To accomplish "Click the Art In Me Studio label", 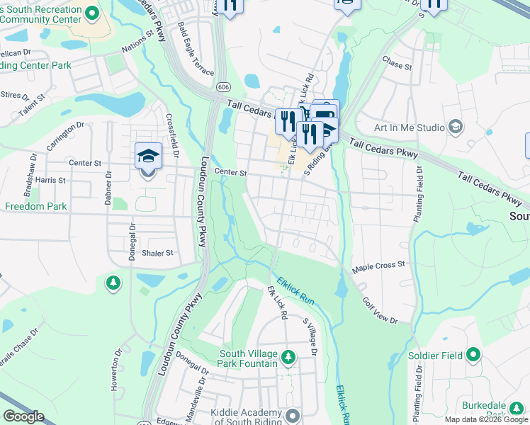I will (409, 127).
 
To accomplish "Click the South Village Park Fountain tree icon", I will (288, 356).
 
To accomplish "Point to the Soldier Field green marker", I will (473, 355).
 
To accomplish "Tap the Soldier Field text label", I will (434, 355).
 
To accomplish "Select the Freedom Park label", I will (35, 207).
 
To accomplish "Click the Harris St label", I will (50, 181).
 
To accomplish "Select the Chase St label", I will (397, 66).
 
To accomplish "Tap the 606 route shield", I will (224, 86).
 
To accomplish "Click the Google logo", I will (23, 416).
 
